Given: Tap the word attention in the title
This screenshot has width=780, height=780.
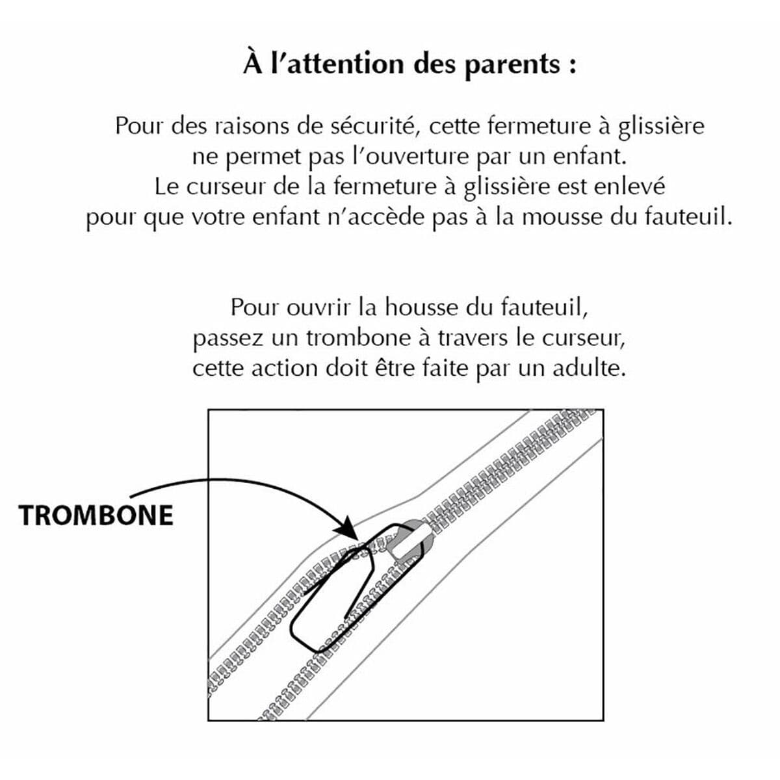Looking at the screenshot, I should pyautogui.click(x=344, y=65).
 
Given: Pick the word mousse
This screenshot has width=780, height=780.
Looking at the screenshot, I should pyautogui.click(x=562, y=217).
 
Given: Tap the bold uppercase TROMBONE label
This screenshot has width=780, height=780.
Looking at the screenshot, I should pyautogui.click(x=96, y=515).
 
